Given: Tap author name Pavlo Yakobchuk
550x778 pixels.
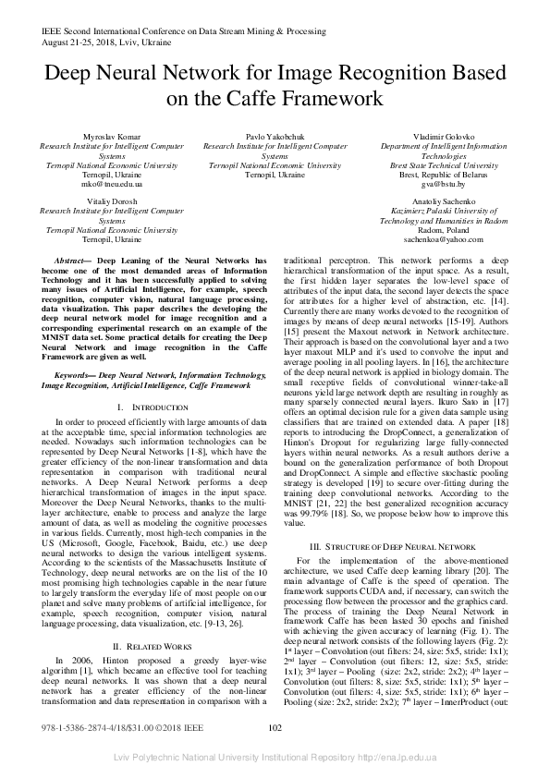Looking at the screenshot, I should (275, 137).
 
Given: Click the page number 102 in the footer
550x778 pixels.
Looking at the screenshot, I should (275, 754).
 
